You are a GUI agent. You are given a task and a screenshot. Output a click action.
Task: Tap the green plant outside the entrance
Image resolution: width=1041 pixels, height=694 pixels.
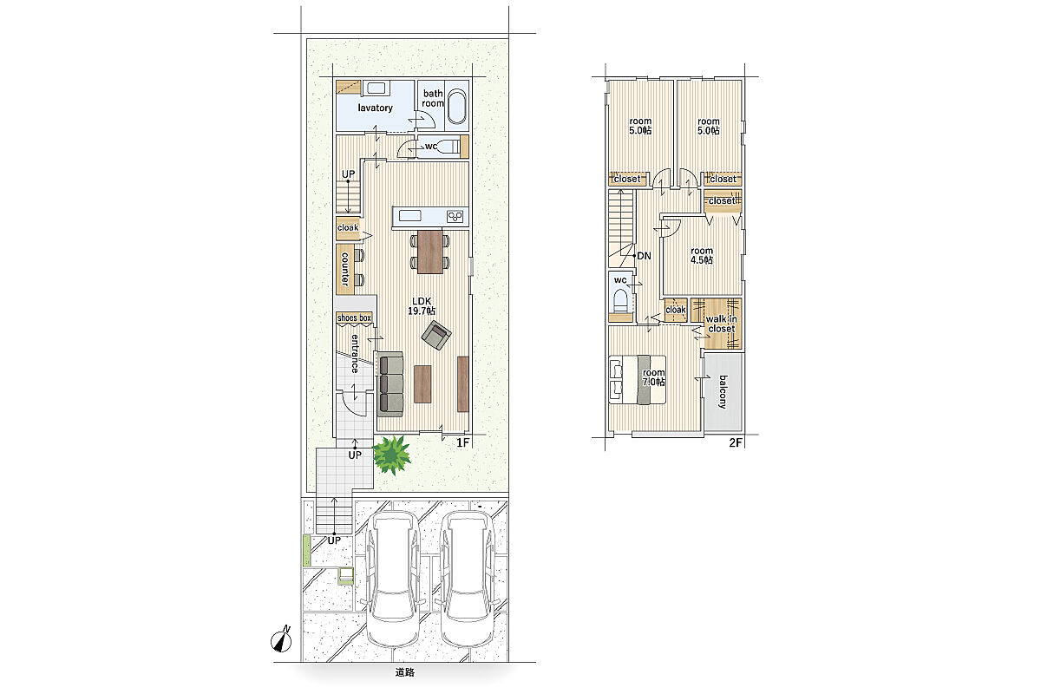pyautogui.click(x=392, y=455)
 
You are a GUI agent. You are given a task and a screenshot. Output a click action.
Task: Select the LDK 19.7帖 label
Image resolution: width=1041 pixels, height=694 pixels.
pyautogui.click(x=422, y=306)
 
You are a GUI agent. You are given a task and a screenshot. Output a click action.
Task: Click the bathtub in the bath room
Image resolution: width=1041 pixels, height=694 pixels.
pyautogui.click(x=457, y=106)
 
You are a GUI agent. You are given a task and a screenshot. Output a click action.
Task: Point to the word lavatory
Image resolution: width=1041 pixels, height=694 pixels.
pyautogui.click(x=375, y=108)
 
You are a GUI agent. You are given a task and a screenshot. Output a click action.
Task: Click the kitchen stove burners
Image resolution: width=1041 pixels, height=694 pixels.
pyautogui.click(x=455, y=216)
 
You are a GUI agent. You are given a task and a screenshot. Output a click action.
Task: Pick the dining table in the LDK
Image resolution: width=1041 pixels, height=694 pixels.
pyautogui.click(x=430, y=252)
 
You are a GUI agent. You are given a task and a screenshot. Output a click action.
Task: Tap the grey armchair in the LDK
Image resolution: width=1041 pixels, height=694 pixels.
pyautogui.click(x=436, y=335)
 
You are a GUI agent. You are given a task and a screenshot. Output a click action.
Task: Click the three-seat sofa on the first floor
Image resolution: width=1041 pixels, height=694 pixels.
pyautogui.click(x=391, y=384)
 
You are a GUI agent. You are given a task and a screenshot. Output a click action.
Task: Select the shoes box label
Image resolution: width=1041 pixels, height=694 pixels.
pyautogui.click(x=354, y=318)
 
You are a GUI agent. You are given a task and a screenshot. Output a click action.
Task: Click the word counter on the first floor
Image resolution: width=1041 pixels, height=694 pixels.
pyautogui.click(x=345, y=269)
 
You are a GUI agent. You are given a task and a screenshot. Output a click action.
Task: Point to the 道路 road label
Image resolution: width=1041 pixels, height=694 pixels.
pyautogui.click(x=405, y=672)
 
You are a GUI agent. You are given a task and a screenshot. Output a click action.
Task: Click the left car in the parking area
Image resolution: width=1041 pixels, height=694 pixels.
pyautogui.click(x=393, y=579)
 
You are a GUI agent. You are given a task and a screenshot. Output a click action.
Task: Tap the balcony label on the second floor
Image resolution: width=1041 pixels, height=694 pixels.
pyautogui.click(x=723, y=392)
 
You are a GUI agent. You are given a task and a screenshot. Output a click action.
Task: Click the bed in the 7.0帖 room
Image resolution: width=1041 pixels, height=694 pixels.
pyautogui.click(x=637, y=379)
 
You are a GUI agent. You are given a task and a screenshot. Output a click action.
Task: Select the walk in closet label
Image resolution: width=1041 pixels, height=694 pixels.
pyautogui.click(x=721, y=324)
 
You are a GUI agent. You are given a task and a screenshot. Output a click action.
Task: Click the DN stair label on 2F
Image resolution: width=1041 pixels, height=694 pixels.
pyautogui.click(x=644, y=256)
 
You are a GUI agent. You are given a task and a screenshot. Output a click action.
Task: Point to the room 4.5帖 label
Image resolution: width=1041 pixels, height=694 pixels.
pyautogui.click(x=702, y=256)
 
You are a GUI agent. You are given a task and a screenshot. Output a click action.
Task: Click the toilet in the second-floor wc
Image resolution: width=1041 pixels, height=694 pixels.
pyautogui.click(x=621, y=301)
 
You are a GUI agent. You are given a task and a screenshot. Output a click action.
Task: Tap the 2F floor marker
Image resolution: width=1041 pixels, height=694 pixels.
pyautogui.click(x=736, y=442)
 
